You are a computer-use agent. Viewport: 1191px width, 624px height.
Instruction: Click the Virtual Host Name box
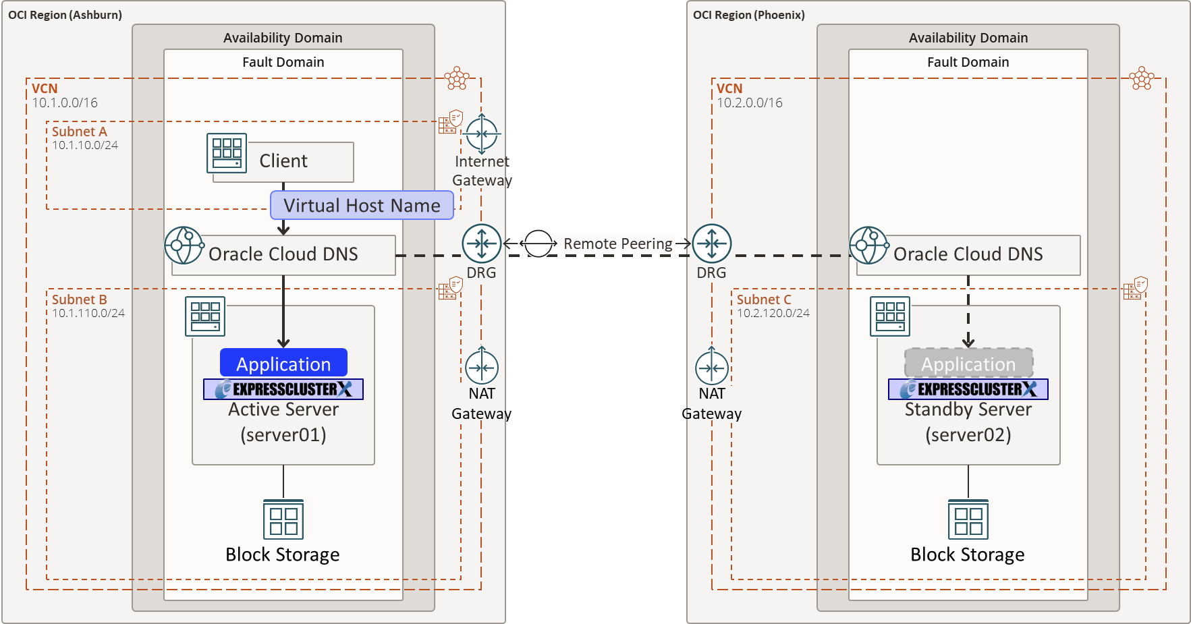coord(362,205)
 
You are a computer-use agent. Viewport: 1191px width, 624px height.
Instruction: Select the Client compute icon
coord(227,153)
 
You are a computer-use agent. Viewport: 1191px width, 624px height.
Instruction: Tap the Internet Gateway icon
coord(482,134)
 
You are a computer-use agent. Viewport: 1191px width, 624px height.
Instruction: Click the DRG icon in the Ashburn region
coord(482,244)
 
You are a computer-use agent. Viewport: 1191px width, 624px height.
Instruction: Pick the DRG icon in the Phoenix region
coord(712,244)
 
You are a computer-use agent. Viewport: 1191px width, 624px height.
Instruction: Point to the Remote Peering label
coord(617,244)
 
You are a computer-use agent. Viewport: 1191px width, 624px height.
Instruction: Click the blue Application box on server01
coord(283,363)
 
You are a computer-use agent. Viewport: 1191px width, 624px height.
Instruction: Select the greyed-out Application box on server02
coord(968,363)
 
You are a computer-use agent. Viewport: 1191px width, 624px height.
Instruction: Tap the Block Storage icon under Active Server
coord(283,519)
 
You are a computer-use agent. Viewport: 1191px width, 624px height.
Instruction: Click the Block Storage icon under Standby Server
coord(968,519)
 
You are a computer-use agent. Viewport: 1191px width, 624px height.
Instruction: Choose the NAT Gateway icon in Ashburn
coord(482,368)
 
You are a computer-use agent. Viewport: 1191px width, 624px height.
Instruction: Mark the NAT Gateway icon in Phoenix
coord(712,368)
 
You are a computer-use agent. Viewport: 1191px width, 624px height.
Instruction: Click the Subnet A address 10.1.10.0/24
coord(85,145)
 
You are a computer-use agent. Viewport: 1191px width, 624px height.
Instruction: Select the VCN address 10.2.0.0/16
coord(750,103)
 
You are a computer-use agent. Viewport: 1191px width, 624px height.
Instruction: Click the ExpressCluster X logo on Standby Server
coord(968,389)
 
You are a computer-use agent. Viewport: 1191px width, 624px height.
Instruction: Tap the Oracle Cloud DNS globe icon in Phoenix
coord(868,246)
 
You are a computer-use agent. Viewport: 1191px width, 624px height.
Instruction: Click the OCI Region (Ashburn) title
coord(65,15)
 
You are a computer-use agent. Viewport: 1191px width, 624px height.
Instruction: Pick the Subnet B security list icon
coord(450,289)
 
